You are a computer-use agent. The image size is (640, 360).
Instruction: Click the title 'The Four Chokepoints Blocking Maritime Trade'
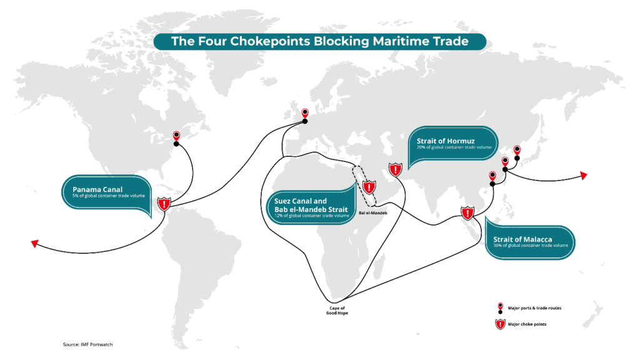[x=319, y=42]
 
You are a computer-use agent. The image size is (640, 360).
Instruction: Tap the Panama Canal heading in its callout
[x=98, y=189]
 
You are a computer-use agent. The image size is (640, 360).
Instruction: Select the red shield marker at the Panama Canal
[x=164, y=204]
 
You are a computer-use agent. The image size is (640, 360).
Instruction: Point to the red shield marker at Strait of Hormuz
[x=395, y=170]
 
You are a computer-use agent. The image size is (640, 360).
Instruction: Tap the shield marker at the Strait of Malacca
[x=467, y=213]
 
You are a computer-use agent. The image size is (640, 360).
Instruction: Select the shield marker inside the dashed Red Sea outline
[x=369, y=187]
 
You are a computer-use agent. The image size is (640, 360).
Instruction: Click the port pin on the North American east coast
[x=176, y=136]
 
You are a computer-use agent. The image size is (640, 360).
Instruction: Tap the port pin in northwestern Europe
[x=305, y=114]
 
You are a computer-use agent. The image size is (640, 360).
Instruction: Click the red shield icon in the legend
[x=500, y=324]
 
